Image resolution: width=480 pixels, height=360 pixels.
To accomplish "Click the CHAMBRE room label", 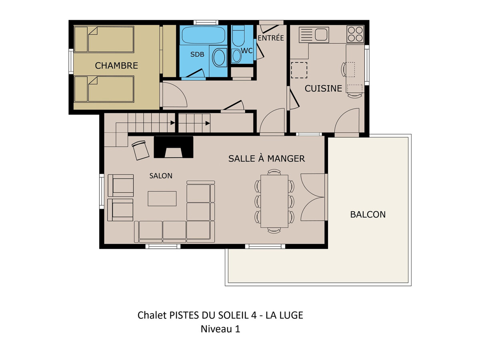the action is [x=116, y=66].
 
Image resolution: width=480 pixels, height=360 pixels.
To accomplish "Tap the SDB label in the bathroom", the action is [x=197, y=54].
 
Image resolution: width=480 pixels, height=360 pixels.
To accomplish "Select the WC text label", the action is [x=247, y=51].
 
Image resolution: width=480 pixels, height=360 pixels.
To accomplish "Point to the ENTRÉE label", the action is [x=271, y=38].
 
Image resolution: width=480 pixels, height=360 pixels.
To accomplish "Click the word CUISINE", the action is [x=323, y=88].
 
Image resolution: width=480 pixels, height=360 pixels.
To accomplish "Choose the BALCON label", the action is [x=368, y=214].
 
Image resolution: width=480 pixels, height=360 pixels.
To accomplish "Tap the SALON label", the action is [x=161, y=176].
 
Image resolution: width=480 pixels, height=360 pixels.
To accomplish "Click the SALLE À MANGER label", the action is [x=266, y=158].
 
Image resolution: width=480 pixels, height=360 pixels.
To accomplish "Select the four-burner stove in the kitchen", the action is [x=355, y=34].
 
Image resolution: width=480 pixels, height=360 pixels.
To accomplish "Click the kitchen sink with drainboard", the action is [x=314, y=34].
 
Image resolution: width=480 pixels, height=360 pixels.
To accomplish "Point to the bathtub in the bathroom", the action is [x=203, y=35].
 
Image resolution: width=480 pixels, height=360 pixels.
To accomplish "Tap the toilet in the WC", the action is [x=238, y=36].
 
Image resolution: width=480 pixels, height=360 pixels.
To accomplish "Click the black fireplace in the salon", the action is [x=174, y=147].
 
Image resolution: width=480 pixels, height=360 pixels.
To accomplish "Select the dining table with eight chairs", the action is [x=274, y=201].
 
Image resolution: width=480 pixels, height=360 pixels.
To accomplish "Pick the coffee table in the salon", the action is [x=162, y=198].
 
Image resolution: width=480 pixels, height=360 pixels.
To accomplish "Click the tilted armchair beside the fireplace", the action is [x=140, y=150].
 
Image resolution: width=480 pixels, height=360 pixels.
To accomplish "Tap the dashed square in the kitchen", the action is [x=299, y=70].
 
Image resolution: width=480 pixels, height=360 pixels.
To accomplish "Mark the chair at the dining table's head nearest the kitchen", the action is [x=274, y=172].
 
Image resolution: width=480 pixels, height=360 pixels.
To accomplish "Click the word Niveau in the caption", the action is [x=214, y=329].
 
